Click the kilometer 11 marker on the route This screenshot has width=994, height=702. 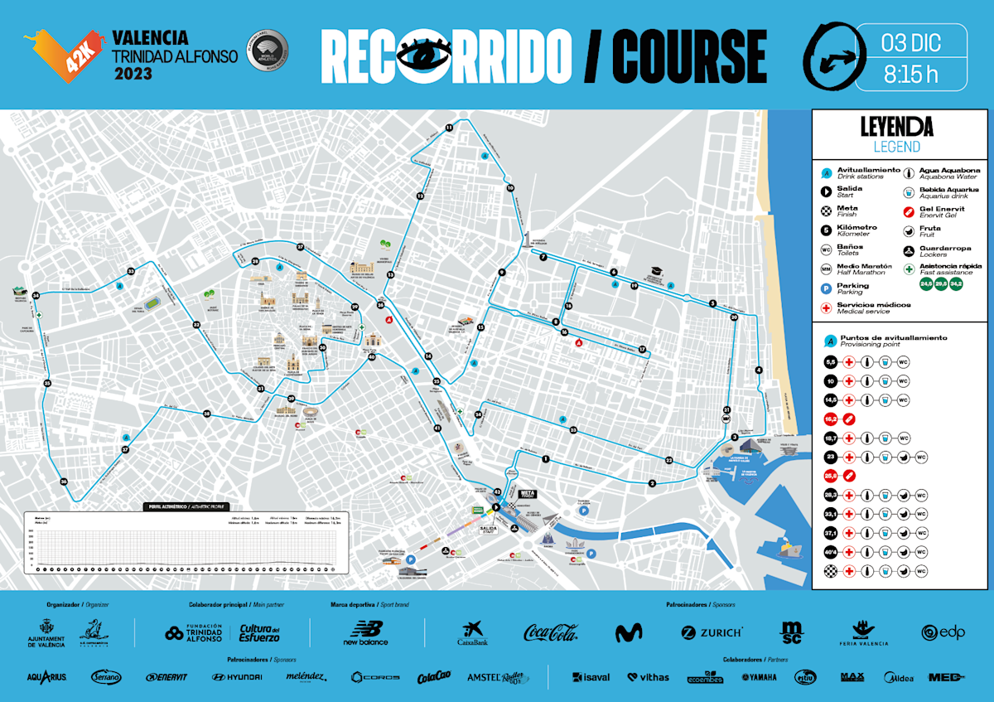coord(449,127)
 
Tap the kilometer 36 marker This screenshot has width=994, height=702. coord(64,482)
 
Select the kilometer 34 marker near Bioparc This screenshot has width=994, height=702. coord(36,295)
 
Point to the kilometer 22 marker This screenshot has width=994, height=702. coord(668,460)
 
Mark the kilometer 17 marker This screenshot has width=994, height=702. coord(641,349)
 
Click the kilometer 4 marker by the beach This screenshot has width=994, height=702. coord(759,370)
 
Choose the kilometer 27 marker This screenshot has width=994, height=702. coord(301,247)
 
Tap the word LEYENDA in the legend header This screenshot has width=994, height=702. coord(897,127)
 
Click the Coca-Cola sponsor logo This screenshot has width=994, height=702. coord(551,632)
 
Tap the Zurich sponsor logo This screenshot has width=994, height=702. coord(712,632)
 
